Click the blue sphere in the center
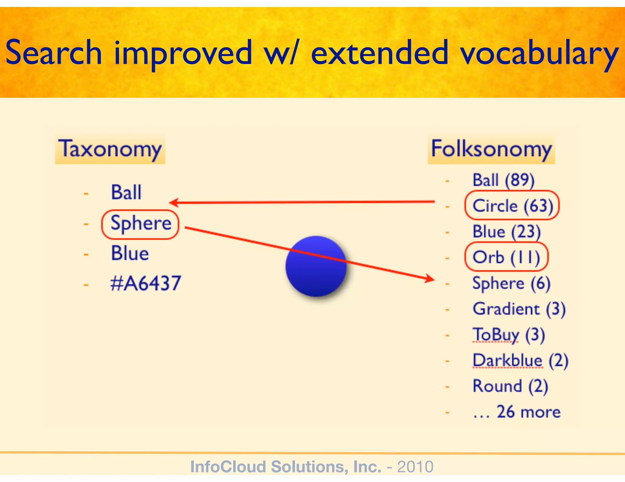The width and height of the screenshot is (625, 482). pyautogui.click(x=316, y=266)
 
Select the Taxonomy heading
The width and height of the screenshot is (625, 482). pyautogui.click(x=110, y=149)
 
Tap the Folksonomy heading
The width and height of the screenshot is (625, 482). pyautogui.click(x=491, y=149)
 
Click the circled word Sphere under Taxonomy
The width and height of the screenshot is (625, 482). pyautogui.click(x=140, y=224)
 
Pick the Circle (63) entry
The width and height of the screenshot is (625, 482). pyautogui.click(x=512, y=206)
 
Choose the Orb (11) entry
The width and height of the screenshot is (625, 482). pyautogui.click(x=506, y=257)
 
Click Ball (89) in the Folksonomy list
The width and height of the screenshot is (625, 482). pyautogui.click(x=503, y=180)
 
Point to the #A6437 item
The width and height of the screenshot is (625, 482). pyautogui.click(x=145, y=283)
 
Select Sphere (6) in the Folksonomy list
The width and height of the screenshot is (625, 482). pyautogui.click(x=511, y=283)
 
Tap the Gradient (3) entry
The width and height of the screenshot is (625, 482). pyautogui.click(x=519, y=309)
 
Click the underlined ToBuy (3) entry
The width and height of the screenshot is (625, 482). pyautogui.click(x=508, y=335)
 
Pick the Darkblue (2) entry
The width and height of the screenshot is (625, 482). pyautogui.click(x=520, y=361)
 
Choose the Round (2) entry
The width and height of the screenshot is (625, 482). pyautogui.click(x=510, y=386)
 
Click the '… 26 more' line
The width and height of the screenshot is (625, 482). pyautogui.click(x=516, y=412)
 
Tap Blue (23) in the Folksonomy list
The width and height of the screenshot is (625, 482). pyautogui.click(x=506, y=232)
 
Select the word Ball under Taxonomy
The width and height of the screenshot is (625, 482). pyautogui.click(x=126, y=193)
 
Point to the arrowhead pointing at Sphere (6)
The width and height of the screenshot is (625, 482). pyautogui.click(x=430, y=278)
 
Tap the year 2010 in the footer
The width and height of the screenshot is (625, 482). pyautogui.click(x=415, y=466)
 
